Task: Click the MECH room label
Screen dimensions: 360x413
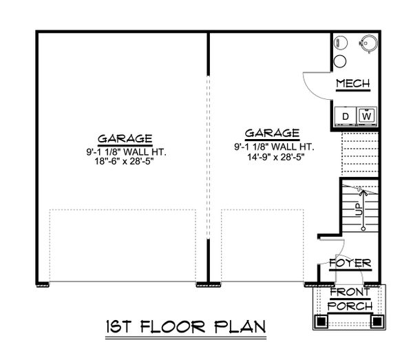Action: click(x=352, y=84)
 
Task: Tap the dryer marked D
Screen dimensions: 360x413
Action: click(x=346, y=116)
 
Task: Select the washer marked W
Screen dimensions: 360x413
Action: click(x=366, y=116)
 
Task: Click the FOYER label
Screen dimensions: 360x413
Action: click(x=351, y=264)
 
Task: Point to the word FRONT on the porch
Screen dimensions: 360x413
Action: click(x=350, y=292)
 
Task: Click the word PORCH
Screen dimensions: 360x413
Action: click(x=350, y=305)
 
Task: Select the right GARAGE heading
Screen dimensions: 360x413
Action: click(x=273, y=133)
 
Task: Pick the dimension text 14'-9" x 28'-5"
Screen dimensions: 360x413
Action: click(x=273, y=156)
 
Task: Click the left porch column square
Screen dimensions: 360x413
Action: click(x=320, y=320)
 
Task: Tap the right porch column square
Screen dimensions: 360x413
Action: click(x=377, y=320)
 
